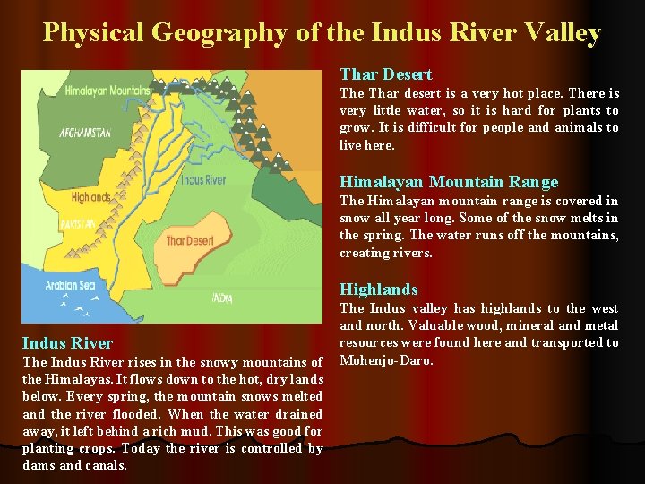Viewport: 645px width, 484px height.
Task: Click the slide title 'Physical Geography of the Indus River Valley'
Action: (x=322, y=33)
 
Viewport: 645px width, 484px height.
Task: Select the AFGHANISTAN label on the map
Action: (x=85, y=133)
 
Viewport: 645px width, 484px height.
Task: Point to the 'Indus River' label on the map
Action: (x=202, y=179)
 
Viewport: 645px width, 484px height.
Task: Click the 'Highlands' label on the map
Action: (x=90, y=196)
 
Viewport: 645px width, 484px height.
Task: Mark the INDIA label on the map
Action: (x=221, y=298)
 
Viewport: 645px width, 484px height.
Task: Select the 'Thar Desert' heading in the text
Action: (x=385, y=74)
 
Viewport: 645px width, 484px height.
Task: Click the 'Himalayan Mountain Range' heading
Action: (x=448, y=182)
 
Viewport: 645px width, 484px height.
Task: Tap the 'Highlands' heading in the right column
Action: (x=378, y=290)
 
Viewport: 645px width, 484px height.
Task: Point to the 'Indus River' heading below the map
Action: (x=67, y=343)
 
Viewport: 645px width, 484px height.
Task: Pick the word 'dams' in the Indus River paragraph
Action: (x=38, y=465)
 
